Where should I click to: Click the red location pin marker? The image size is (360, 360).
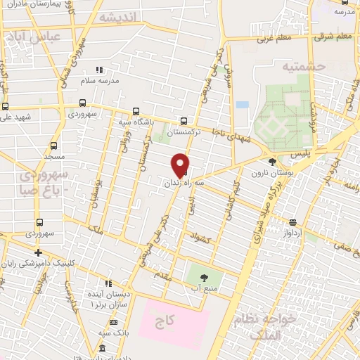click(181, 165)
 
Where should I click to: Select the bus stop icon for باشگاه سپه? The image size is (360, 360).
click(135, 111)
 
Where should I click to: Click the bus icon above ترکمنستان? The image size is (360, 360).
click(184, 120)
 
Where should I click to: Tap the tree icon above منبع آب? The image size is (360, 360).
click(205, 277)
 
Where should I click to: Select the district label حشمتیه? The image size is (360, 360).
click(286, 67)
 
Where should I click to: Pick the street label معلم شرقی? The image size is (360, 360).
click(335, 36)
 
